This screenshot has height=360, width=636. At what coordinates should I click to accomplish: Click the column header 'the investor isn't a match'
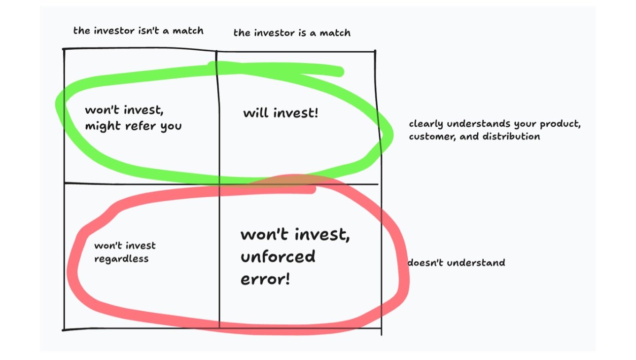click(138, 31)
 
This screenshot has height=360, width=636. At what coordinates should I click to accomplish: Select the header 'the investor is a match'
click(292, 33)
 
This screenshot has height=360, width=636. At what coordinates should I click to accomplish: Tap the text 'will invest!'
click(281, 113)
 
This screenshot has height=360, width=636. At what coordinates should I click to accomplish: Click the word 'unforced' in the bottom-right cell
click(278, 256)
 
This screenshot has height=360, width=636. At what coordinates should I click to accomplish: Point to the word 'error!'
click(265, 279)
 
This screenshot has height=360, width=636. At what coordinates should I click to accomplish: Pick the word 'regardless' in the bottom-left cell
click(121, 258)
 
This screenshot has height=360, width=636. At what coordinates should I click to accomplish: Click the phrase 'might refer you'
click(133, 126)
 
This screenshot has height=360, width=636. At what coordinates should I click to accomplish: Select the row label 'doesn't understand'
click(456, 263)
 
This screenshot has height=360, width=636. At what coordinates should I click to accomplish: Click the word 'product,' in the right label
click(560, 124)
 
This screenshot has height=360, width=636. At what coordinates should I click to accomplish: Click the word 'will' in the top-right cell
click(255, 113)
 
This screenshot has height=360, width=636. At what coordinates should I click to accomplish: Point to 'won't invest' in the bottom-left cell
click(125, 245)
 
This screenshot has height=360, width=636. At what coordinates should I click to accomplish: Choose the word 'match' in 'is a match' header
click(335, 33)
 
